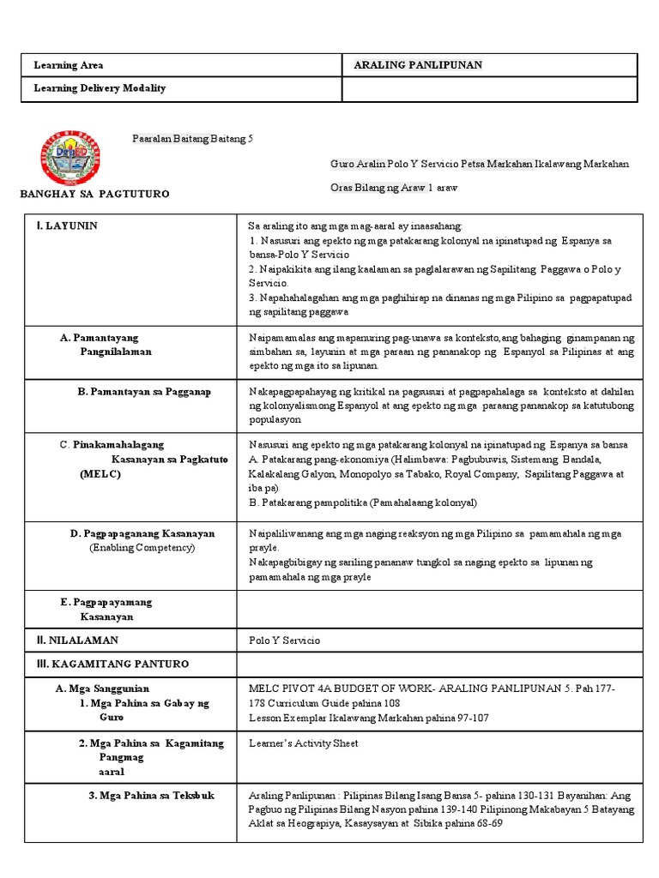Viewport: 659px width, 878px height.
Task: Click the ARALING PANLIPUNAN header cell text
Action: [x=419, y=65]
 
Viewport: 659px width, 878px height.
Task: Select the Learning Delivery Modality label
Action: [x=100, y=88]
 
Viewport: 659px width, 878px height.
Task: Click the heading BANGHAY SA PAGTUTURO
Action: [x=94, y=195]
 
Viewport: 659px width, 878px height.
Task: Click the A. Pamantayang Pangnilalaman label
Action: [x=106, y=345]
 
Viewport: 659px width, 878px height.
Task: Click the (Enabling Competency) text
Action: [x=142, y=547]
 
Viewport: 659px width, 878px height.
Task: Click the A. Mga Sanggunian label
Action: [x=102, y=688]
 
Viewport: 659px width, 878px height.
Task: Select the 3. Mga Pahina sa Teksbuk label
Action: [x=151, y=795]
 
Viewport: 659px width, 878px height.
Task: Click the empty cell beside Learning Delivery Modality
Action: [x=490, y=88]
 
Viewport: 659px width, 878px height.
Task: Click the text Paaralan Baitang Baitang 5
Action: [x=192, y=138]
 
